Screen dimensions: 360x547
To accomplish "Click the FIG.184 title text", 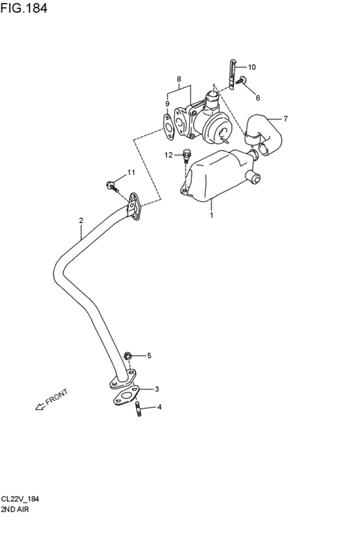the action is tap(24, 8).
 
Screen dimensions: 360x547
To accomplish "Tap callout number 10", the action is tap(252, 67).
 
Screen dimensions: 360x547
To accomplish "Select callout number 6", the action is tap(258, 98).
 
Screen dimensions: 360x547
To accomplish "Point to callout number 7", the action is tap(285, 119).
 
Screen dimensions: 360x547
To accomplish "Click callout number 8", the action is tap(179, 79).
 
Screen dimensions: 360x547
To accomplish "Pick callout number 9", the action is tap(167, 103).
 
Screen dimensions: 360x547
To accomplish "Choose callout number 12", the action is tap(169, 155).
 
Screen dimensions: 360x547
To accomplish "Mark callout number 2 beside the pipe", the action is tap(81, 220).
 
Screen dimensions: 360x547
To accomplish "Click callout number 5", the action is tap(149, 356).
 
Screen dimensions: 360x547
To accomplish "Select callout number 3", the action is tap(157, 389).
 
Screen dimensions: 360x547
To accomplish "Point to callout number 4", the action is tap(159, 407).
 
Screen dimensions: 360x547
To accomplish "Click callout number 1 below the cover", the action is tap(212, 215).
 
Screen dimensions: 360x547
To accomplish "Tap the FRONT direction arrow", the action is tap(40, 406).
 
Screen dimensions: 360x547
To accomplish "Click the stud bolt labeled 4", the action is tap(138, 409).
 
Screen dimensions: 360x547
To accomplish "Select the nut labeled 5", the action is tap(127, 356).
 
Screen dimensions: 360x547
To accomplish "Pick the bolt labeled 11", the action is tap(112, 186).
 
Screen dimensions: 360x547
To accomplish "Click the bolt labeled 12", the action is tap(186, 156).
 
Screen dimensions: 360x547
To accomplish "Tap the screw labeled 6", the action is tap(241, 80).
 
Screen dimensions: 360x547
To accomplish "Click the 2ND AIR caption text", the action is tap(15, 509).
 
